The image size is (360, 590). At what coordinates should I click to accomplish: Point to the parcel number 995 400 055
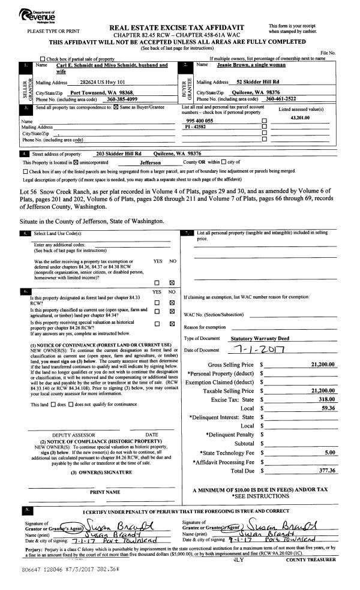click(x=200, y=121)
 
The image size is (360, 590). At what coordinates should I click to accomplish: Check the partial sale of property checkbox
click(x=43, y=59)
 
